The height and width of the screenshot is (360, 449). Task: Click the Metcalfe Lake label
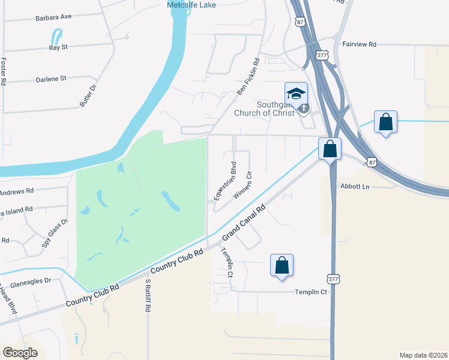[191, 5]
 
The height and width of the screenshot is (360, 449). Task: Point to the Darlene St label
[50, 78]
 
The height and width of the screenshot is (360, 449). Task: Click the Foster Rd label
[4, 71]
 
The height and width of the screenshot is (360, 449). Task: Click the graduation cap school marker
[296, 94]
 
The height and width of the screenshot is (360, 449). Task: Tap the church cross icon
[304, 109]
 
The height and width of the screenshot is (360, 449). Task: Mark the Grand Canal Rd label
[244, 224]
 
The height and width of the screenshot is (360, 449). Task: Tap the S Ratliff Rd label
[148, 295]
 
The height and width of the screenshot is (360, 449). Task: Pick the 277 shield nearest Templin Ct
[334, 279]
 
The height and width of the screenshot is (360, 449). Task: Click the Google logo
[20, 353]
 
